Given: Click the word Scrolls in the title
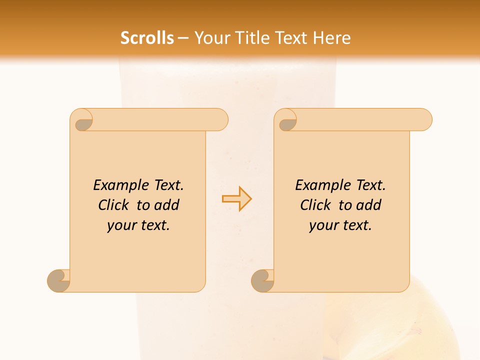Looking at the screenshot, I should point(147,38).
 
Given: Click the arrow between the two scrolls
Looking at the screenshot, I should point(237,199).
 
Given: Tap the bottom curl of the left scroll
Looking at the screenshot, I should point(58,280).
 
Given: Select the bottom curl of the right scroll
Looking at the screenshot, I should point(262,280).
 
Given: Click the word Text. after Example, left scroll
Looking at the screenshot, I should point(168,185).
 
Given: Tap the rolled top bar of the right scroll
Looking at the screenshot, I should point(360,119).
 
